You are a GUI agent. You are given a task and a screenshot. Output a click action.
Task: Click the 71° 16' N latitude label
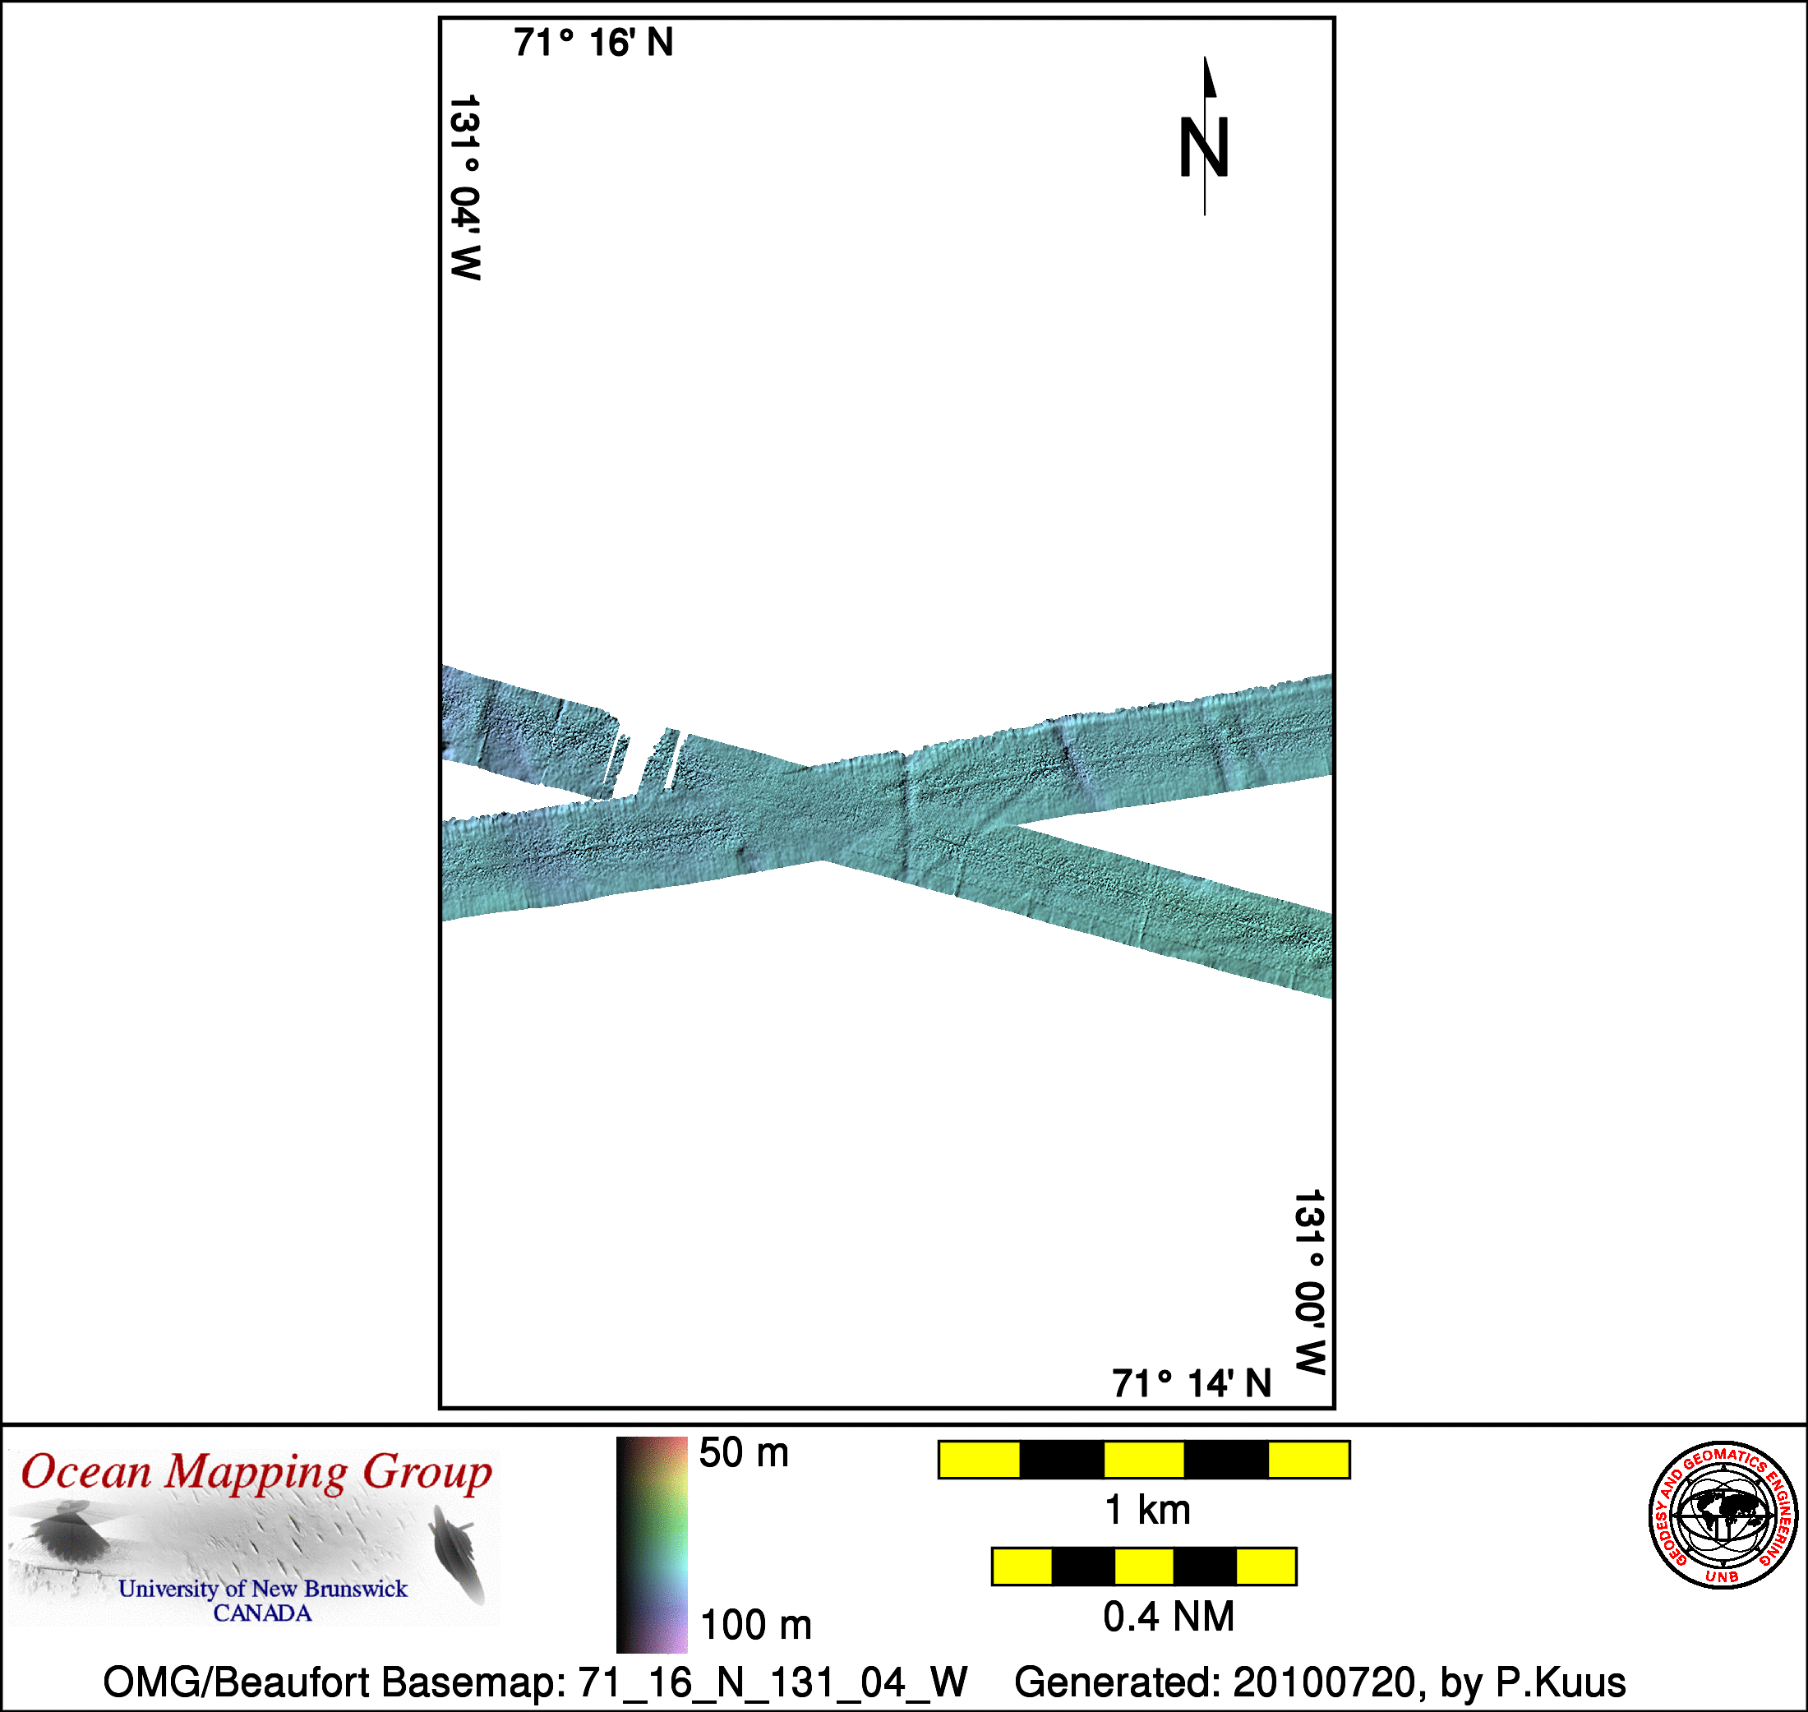(593, 43)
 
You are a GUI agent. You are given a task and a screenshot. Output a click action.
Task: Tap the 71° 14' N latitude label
(1191, 1383)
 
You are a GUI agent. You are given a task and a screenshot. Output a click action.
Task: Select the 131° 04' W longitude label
(465, 187)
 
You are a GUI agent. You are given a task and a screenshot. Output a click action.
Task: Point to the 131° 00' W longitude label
(1310, 1282)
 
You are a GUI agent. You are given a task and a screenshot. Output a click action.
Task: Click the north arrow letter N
(1204, 147)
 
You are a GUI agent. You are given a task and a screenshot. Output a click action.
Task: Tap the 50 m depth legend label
(744, 1453)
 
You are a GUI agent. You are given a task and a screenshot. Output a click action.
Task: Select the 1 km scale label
(1147, 1511)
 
